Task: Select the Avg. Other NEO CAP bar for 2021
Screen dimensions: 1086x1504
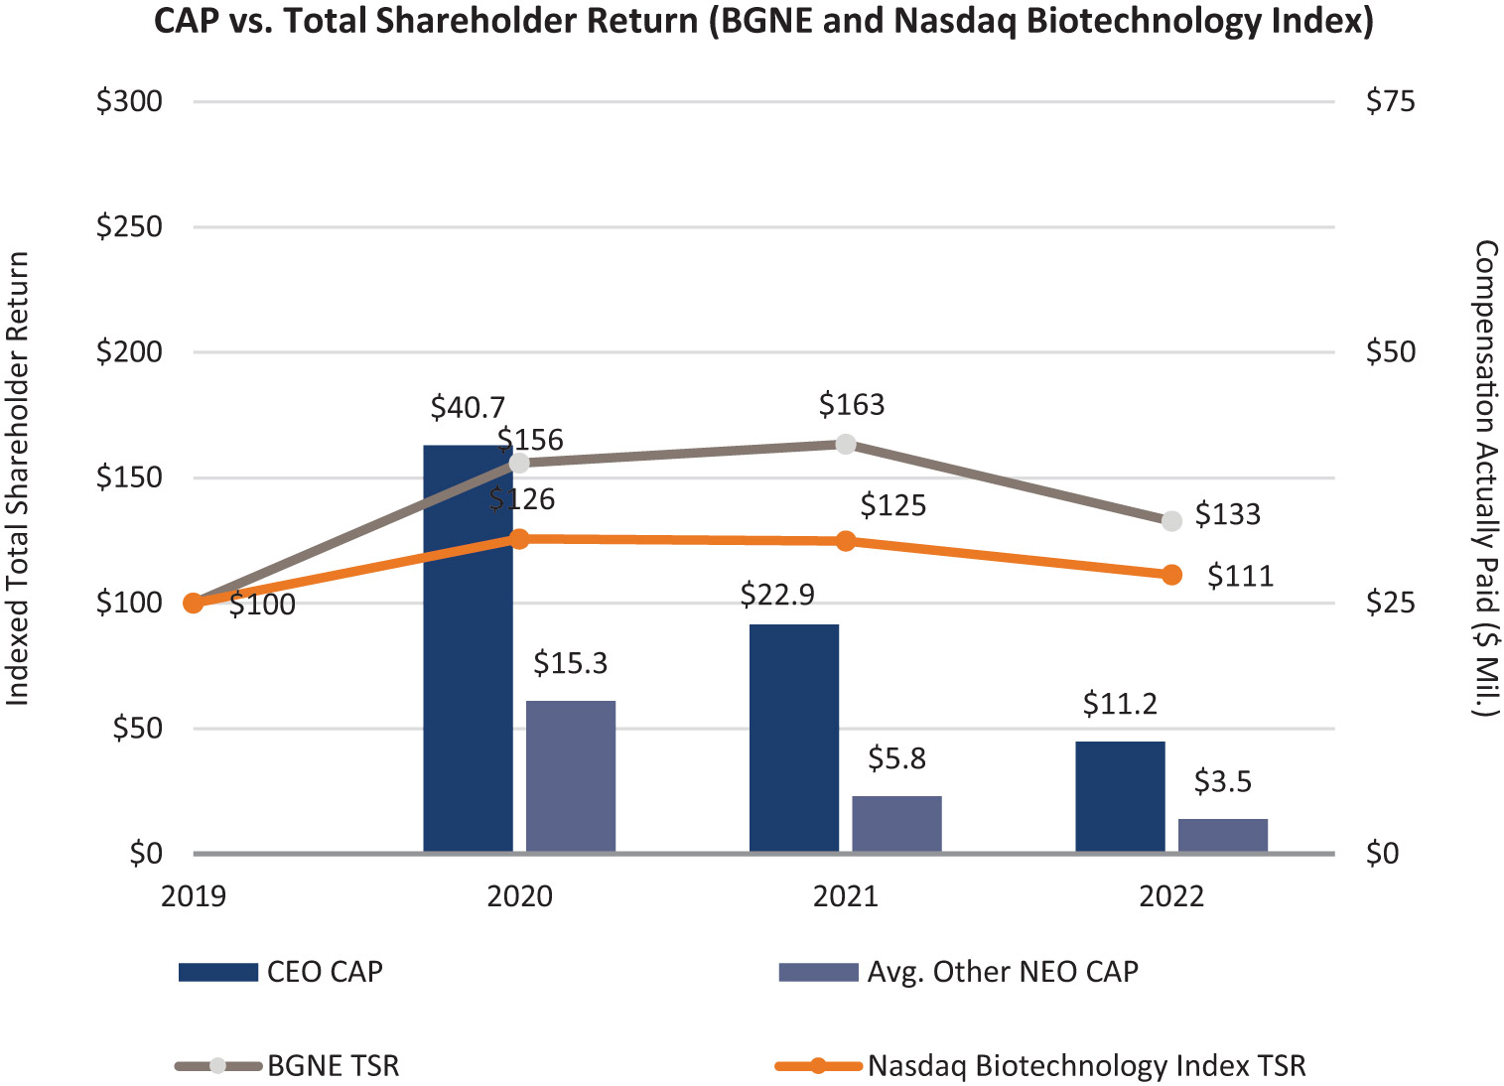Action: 896,824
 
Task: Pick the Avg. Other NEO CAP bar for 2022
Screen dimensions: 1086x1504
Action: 1223,835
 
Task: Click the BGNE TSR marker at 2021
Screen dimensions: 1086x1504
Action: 846,444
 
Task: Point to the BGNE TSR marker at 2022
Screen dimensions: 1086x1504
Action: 1171,520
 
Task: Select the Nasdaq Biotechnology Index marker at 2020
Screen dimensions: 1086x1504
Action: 519,539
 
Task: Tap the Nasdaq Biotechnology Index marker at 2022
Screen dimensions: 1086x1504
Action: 1171,575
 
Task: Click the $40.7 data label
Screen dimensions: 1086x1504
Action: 468,407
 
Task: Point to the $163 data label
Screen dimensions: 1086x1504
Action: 852,405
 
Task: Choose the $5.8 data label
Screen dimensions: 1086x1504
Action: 896,759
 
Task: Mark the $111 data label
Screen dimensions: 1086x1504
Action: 1240,577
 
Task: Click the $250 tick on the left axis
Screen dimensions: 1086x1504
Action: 129,226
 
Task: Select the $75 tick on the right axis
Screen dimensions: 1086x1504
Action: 1390,101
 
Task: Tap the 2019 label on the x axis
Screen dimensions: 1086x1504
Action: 194,896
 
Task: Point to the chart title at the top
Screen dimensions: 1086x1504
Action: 763,21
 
